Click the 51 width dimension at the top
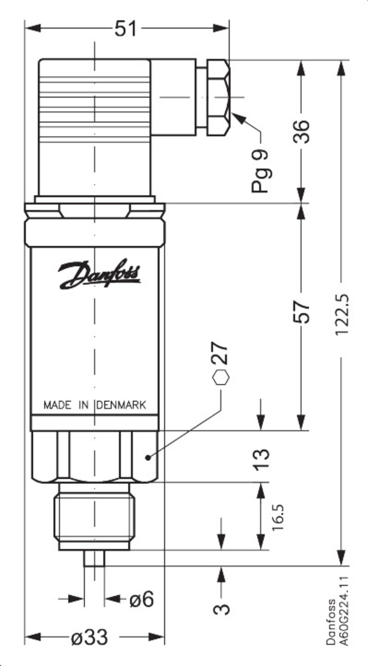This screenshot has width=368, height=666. click(x=126, y=29)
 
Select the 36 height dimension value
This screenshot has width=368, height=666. click(x=302, y=131)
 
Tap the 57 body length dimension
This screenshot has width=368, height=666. click(x=302, y=312)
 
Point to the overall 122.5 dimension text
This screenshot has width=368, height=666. click(x=341, y=315)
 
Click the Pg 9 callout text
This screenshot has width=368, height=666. click(x=260, y=170)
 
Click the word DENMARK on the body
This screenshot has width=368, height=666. click(x=121, y=405)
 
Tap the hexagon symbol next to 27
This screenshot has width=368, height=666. click(x=221, y=377)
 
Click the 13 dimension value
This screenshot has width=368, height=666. click(x=262, y=459)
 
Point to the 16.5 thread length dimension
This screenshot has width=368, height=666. click(x=278, y=517)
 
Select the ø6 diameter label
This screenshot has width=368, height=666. click(x=141, y=599)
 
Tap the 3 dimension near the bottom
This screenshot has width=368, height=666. click(x=222, y=608)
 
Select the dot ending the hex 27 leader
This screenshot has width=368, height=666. click(x=148, y=457)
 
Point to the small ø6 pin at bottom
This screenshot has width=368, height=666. click(x=94, y=558)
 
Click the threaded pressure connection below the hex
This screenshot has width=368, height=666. click(x=95, y=517)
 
